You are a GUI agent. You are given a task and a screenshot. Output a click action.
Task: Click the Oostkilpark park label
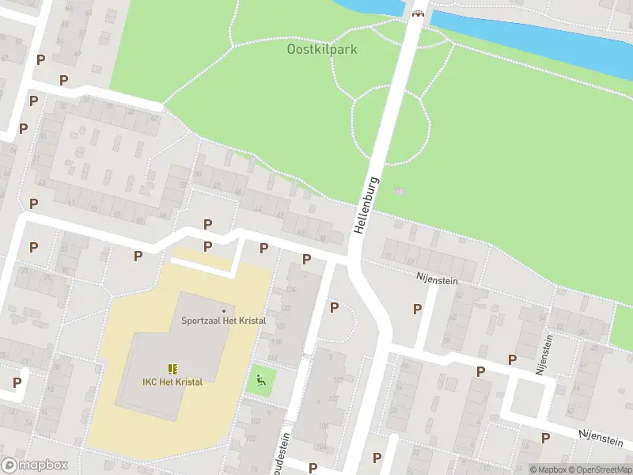pos(321,49)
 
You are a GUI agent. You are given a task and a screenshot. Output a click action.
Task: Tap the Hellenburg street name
pos(366,204)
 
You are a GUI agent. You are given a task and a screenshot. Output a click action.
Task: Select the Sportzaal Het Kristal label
pos(223,321)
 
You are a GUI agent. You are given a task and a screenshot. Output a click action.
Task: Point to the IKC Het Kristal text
pos(172,382)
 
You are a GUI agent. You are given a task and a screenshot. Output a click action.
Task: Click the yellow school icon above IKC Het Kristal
pos(172,369)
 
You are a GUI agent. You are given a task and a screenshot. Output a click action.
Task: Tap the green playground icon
pos(260,381)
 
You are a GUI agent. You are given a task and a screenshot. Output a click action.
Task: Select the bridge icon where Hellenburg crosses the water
pos(419,11)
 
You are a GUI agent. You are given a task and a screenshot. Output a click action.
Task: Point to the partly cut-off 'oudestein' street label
pos(286,450)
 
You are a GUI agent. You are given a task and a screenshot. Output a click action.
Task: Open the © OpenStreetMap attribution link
pos(601,469)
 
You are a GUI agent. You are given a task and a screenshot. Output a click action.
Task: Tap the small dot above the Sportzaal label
pos(224,310)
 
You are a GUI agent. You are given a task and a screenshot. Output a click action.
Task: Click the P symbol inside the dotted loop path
pos(334,307)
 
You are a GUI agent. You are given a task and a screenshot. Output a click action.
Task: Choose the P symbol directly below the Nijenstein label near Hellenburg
pos(417,309)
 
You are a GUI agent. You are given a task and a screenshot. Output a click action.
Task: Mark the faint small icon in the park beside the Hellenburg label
pos(399,191)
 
